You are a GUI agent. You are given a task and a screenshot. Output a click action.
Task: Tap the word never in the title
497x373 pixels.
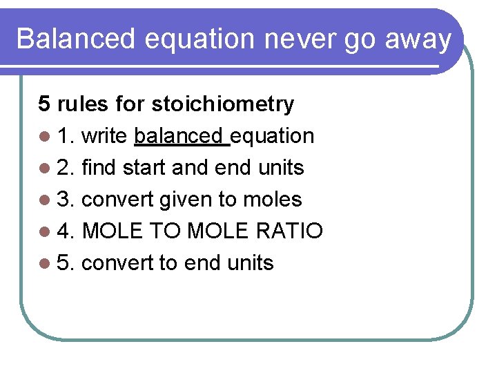point(286,39)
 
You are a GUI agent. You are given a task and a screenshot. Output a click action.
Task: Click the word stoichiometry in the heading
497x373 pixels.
point(222,104)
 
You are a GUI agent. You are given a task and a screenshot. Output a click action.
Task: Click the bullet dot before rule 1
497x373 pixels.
point(45,137)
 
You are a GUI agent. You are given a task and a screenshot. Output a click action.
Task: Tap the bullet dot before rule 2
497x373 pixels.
point(45,169)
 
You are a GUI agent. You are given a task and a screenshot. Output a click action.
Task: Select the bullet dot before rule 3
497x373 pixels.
point(45,200)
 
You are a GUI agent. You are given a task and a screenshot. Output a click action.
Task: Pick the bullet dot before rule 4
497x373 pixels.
point(45,232)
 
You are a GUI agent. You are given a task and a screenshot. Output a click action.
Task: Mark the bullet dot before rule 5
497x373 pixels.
point(45,264)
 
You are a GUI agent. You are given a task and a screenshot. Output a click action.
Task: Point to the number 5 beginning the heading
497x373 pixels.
point(44,104)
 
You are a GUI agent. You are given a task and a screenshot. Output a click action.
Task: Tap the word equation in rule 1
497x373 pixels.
point(273,137)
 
